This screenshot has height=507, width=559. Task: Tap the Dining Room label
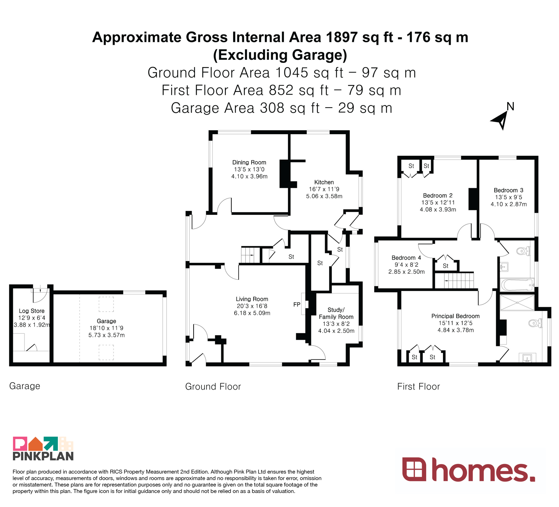[x=249, y=162]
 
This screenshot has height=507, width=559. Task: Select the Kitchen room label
[x=324, y=182]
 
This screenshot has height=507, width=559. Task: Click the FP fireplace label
[x=297, y=305]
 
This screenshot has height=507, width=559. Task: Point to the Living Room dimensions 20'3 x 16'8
[x=252, y=306]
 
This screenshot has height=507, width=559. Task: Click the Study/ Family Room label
[x=336, y=313]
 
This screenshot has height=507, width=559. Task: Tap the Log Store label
[x=32, y=311]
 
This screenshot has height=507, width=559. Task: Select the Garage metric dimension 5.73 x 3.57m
[x=107, y=335]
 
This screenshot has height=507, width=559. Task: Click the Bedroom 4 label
[x=406, y=258]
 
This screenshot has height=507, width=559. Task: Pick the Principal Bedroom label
[x=455, y=316]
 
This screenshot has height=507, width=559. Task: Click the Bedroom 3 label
[x=508, y=190]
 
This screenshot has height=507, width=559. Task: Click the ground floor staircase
[x=251, y=255]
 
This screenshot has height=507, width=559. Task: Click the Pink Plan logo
[x=43, y=448]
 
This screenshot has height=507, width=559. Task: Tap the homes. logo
[x=469, y=470]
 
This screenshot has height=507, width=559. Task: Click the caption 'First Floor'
[x=419, y=386]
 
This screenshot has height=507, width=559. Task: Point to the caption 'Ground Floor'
[x=213, y=386]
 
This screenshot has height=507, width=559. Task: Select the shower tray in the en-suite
[x=517, y=303]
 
